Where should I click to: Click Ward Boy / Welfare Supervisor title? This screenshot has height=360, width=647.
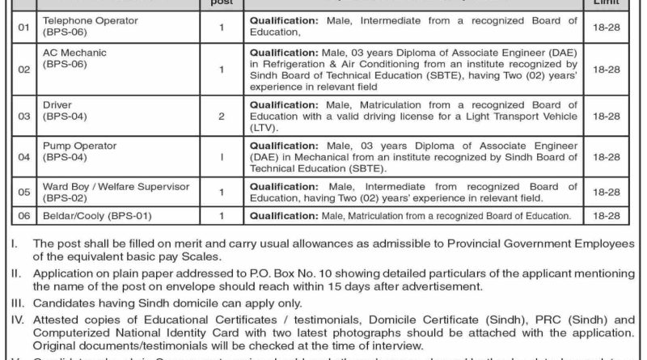tap(105, 186)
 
